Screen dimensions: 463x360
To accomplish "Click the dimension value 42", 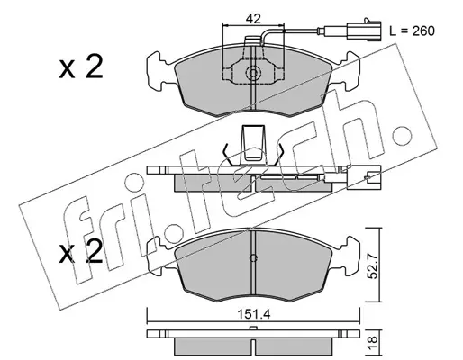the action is pos(253,19).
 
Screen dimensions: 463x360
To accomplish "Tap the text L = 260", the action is pos(412,31).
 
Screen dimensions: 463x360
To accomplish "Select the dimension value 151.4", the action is pos(254,314).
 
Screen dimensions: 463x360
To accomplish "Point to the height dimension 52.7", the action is pos(373,265).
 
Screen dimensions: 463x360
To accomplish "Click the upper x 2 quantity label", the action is pos(81,67).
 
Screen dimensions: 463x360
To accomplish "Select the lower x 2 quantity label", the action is pos(81,253).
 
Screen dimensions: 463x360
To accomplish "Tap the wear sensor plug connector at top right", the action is pos(364,30).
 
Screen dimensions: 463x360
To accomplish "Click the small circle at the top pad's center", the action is pos(253,73).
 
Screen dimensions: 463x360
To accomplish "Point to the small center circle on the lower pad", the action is pos(253,258).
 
